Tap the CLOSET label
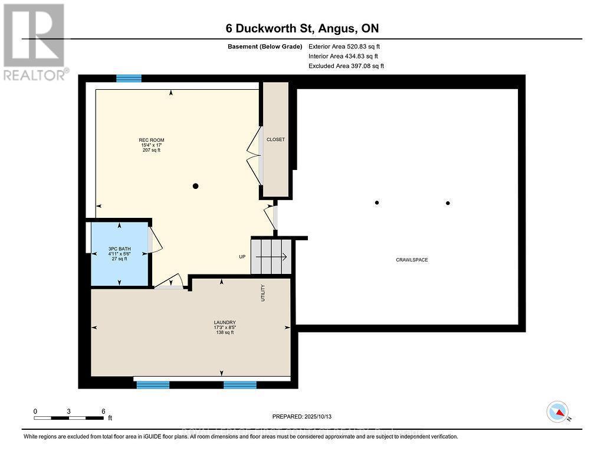pos(275,139)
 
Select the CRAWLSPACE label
pos(412,260)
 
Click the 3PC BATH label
pos(119,249)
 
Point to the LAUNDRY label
pos(225,322)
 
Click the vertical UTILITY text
pos(263,293)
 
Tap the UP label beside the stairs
pos(242,257)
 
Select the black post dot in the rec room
pos(196,186)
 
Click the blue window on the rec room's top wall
pos(129,79)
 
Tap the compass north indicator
pos(558,412)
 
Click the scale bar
pos(69,418)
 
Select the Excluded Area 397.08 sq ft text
pos(346,66)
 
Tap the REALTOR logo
pos(34,41)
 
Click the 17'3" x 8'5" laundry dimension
pos(225,328)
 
